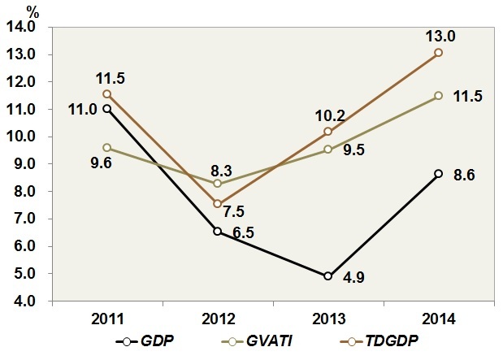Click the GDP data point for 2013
328,276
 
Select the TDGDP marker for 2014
439,53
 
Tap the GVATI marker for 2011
106,148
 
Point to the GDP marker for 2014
439,173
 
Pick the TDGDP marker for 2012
218,203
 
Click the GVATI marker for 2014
439,95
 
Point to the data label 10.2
328,115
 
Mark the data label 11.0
82,108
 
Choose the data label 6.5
241,232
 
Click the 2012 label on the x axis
217,315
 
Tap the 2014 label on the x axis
439,315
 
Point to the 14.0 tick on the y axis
29,27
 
